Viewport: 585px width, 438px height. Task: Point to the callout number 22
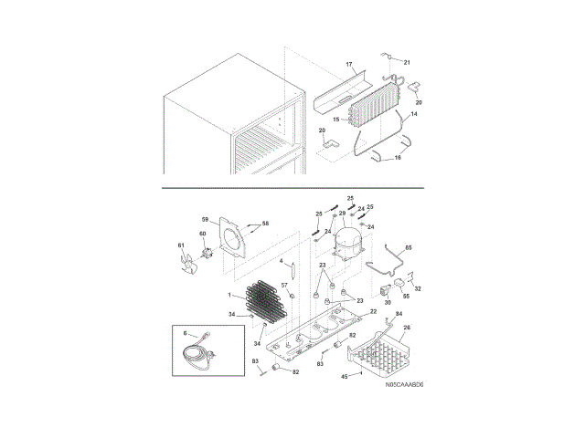(x=372, y=312)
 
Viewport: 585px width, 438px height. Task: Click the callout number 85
(x=409, y=247)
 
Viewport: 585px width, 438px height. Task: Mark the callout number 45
(x=346, y=374)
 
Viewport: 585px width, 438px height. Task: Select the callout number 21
(x=408, y=62)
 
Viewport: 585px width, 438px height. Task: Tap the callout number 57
(x=283, y=286)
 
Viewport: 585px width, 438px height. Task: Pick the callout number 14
(x=413, y=115)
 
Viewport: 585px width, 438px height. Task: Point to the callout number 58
(x=266, y=224)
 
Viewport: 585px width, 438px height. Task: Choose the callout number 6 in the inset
(x=185, y=334)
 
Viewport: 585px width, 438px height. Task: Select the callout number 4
(x=281, y=262)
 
